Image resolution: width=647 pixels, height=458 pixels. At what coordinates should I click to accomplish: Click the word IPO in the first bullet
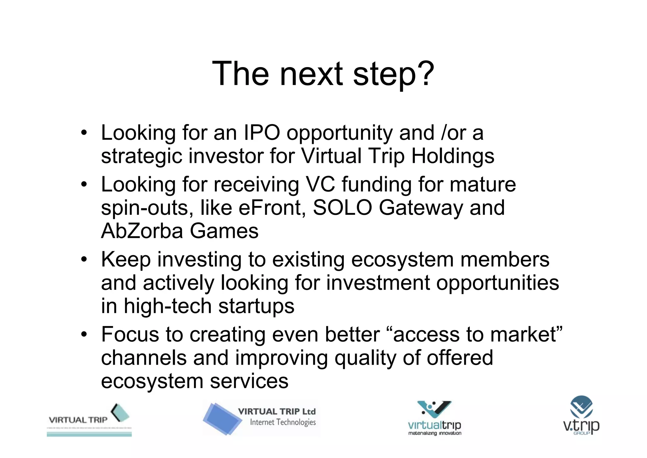tap(262, 133)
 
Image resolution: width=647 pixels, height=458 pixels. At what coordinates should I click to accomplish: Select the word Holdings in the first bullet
tap(453, 156)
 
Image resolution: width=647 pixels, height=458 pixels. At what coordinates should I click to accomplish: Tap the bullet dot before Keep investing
tap(83, 260)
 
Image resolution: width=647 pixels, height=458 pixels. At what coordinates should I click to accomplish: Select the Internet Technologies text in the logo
tap(283, 422)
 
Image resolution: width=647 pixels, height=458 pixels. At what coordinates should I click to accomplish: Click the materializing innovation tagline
tap(435, 433)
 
